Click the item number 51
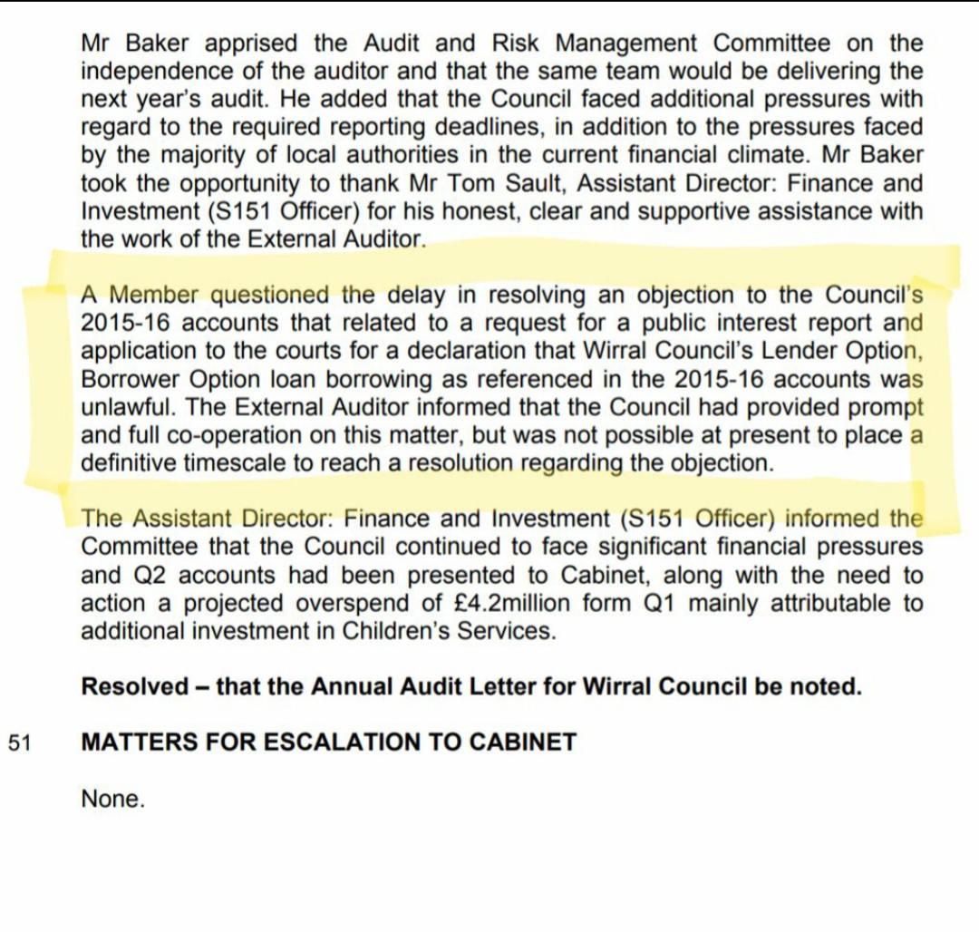[x=20, y=743]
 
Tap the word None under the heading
[x=112, y=799]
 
